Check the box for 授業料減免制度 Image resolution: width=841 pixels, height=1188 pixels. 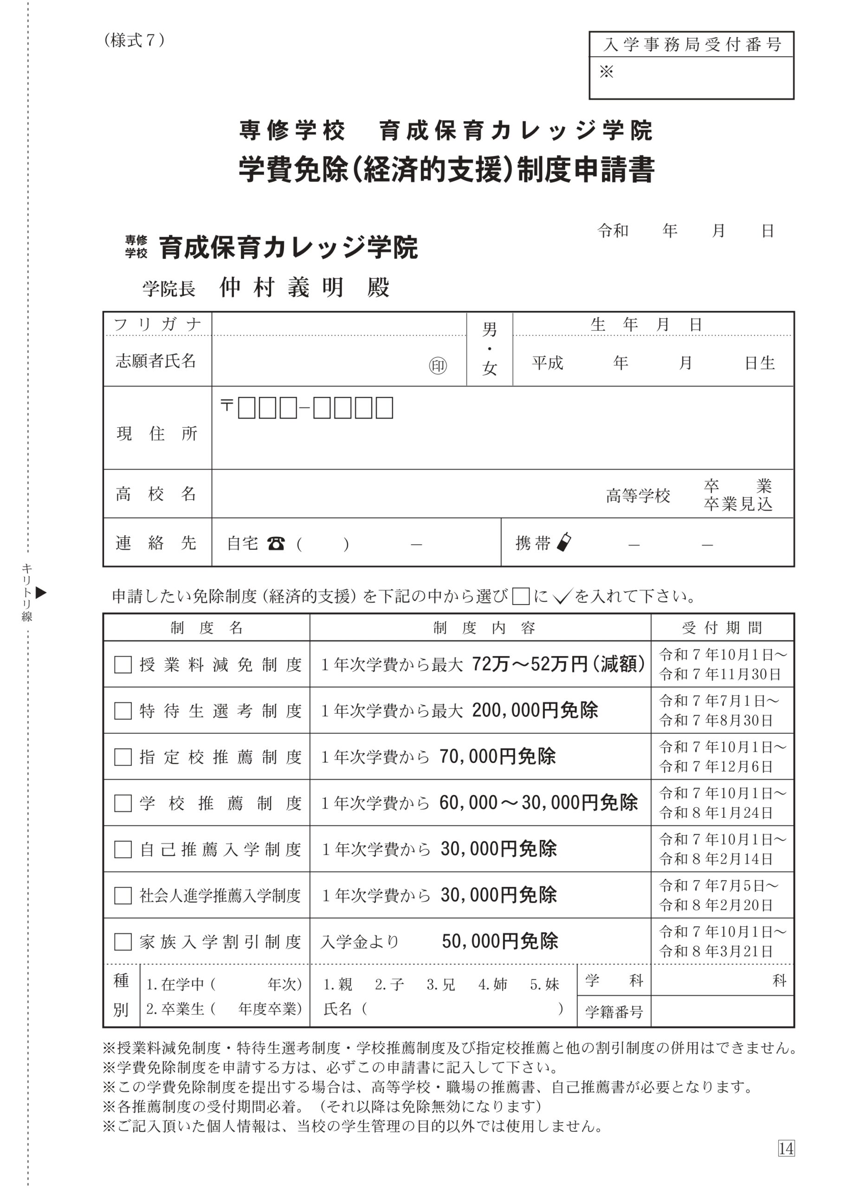point(123,665)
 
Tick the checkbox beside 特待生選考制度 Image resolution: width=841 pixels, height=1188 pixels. point(123,711)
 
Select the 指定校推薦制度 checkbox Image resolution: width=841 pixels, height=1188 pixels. point(123,757)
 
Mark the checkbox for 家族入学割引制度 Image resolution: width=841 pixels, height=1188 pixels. point(123,942)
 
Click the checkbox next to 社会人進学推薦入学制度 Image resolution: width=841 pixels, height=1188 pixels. point(123,896)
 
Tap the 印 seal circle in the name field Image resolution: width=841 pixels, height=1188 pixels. point(438,366)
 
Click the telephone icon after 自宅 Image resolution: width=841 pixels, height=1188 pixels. point(276,543)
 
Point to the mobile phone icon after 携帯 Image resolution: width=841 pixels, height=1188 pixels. point(564,542)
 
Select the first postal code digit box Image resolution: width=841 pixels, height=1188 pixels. point(246,408)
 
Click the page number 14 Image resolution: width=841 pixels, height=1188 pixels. point(786,1149)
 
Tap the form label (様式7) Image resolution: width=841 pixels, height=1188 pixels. point(134,40)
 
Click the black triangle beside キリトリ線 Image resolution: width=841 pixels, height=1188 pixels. point(41,593)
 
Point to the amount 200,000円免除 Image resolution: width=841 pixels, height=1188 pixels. point(535,710)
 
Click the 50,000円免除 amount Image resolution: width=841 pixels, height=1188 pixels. point(500,941)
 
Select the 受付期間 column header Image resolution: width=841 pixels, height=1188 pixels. point(722,628)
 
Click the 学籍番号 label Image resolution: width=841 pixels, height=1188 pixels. point(614,1012)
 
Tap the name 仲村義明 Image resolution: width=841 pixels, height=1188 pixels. point(281,287)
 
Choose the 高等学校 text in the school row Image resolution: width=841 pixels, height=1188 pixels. point(638,496)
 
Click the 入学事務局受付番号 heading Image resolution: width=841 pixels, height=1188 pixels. point(692,45)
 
